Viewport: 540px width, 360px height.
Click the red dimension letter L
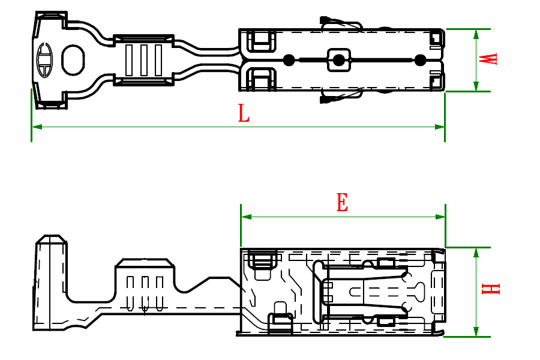pyautogui.click(x=243, y=113)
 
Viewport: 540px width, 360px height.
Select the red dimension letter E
pyautogui.click(x=342, y=203)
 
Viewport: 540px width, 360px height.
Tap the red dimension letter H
pyautogui.click(x=490, y=289)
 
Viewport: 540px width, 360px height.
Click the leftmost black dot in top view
pyautogui.click(x=289, y=60)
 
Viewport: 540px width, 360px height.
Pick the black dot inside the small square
pyautogui.click(x=338, y=60)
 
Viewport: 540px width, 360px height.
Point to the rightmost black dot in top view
pyautogui.click(x=420, y=60)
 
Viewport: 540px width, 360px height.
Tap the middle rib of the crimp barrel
pyautogui.click(x=143, y=60)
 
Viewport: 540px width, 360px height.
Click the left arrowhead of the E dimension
pyautogui.click(x=245, y=217)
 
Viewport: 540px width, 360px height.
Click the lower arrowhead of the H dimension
pyautogui.click(x=476, y=332)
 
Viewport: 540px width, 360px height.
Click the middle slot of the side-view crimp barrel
pyautogui.click(x=145, y=291)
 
